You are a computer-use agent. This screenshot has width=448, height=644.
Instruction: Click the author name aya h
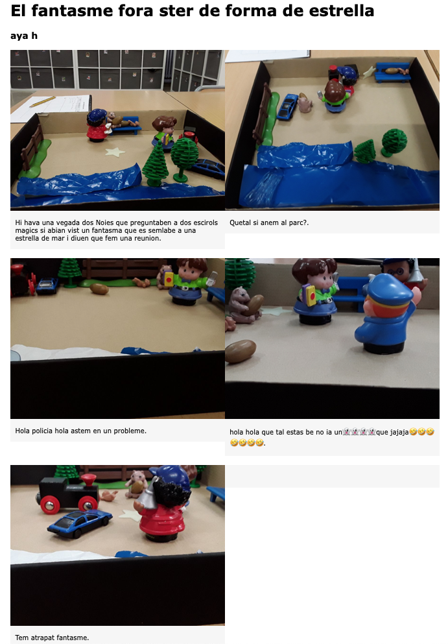24,36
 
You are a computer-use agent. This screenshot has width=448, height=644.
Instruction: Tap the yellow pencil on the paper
42,101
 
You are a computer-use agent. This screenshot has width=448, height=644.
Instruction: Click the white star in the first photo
115,152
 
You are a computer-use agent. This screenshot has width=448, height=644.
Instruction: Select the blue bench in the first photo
124,126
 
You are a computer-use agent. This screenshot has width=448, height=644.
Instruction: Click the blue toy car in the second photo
287,107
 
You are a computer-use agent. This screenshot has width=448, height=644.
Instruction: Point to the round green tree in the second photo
394,142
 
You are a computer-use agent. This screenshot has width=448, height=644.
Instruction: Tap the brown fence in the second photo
261,113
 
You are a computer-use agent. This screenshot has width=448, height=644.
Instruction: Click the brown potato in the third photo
99,289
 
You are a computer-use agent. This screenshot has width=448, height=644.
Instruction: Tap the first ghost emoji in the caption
346,432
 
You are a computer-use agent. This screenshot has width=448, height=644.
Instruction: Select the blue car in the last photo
79,523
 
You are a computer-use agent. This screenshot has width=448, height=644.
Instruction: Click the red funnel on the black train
88,480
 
